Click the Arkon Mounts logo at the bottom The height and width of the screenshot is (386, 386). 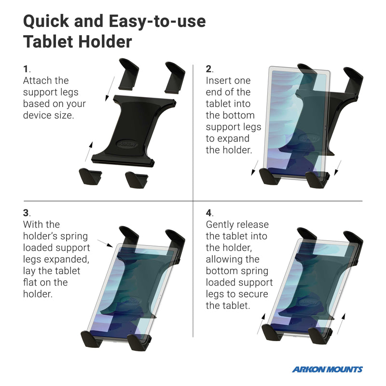pos(327,370)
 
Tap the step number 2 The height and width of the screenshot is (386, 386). pos(209,69)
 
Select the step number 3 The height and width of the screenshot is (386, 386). pos(27,213)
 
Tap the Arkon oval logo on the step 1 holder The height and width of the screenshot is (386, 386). pos(127,144)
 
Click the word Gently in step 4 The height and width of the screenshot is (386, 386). pos(221,224)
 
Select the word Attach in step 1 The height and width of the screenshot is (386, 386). pos(37,81)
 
